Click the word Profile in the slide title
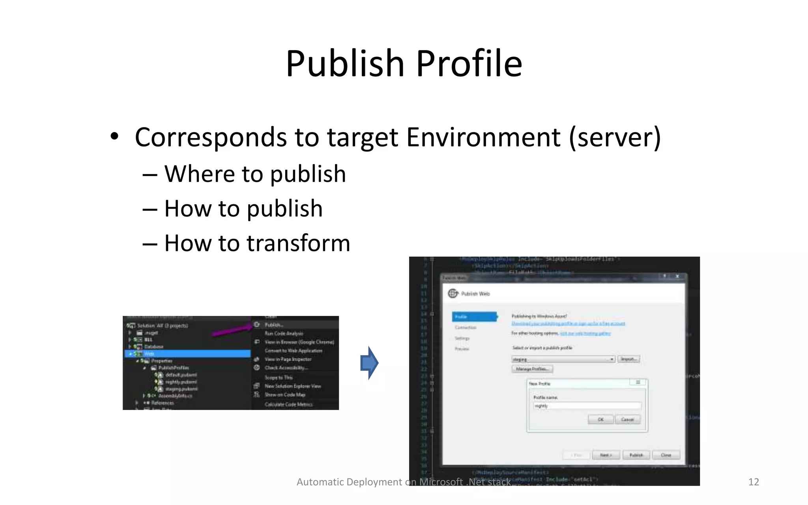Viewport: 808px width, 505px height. click(469, 64)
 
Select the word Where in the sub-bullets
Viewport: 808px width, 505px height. click(199, 174)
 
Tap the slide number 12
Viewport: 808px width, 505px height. click(753, 482)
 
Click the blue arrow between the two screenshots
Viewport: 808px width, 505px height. click(369, 363)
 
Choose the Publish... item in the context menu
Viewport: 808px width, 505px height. click(274, 325)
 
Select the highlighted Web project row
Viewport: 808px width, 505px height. click(188, 353)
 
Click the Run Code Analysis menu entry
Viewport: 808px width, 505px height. click(284, 333)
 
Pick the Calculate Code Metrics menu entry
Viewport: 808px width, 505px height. click(288, 404)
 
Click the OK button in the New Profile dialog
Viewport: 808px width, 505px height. click(600, 419)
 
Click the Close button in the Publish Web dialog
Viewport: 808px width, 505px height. click(666, 455)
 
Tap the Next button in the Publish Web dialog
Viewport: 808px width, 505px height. click(606, 455)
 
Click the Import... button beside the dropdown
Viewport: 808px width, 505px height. click(628, 359)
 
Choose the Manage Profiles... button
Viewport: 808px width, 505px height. click(532, 369)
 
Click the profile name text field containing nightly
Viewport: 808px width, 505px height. click(587, 406)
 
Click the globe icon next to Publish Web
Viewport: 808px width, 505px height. click(453, 293)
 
